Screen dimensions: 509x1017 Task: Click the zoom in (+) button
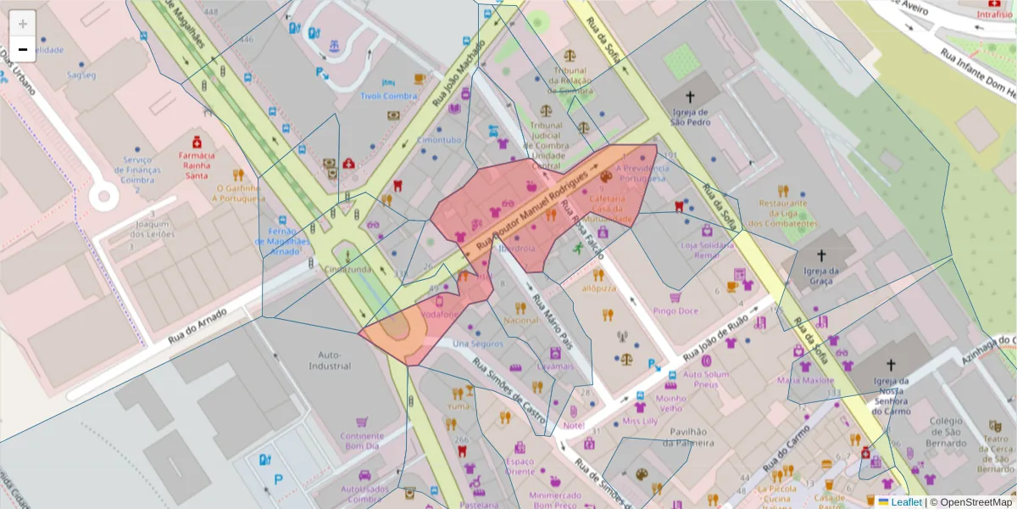point(23,23)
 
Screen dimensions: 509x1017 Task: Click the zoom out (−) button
point(23,49)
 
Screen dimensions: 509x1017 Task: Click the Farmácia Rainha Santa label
point(197,161)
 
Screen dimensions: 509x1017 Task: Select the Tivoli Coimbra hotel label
point(389,96)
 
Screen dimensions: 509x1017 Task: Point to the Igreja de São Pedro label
point(690,116)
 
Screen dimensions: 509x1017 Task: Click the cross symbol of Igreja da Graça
point(820,255)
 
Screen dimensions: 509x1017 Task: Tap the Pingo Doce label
point(675,311)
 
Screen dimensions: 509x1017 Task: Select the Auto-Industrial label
point(329,361)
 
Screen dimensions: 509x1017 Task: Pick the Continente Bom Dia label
point(362,441)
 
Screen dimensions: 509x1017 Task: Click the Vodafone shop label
point(439,314)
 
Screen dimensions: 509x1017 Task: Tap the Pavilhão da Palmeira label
point(689,437)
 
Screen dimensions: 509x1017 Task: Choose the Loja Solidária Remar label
point(707,249)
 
